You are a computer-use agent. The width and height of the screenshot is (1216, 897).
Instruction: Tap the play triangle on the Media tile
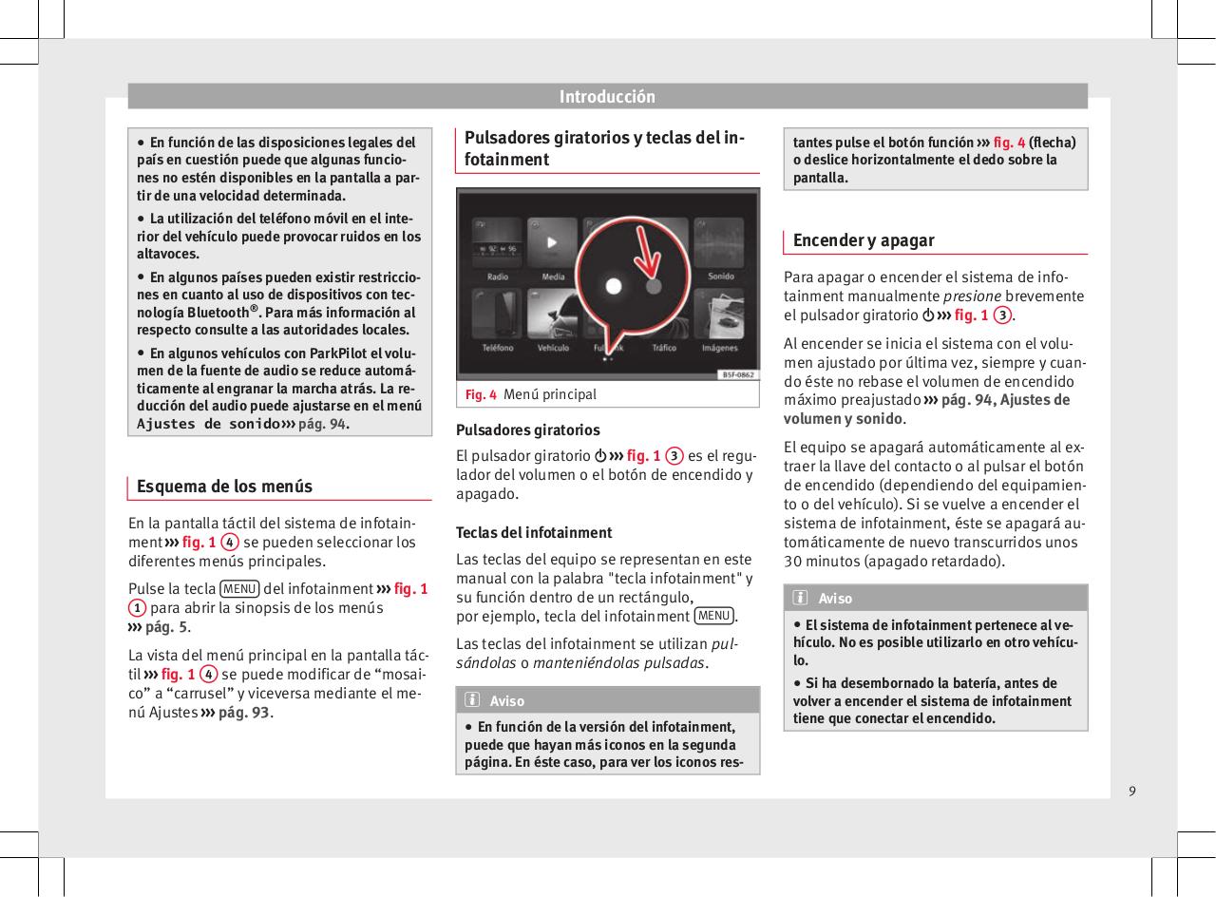(x=552, y=241)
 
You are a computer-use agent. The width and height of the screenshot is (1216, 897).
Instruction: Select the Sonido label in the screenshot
(x=720, y=277)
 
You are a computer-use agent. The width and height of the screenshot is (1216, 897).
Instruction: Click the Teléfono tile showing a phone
(x=497, y=321)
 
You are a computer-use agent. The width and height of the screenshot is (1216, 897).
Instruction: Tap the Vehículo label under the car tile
(x=553, y=349)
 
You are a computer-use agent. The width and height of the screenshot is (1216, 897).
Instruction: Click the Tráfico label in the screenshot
(x=664, y=349)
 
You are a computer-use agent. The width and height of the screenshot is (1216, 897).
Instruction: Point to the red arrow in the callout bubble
(x=645, y=252)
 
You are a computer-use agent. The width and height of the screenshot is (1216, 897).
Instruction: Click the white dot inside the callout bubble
(x=614, y=285)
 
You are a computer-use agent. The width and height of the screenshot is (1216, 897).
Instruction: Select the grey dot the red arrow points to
(x=654, y=284)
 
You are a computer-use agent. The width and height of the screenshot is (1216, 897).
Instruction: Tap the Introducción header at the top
(x=607, y=97)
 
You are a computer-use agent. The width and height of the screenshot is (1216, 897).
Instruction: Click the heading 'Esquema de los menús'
(x=224, y=487)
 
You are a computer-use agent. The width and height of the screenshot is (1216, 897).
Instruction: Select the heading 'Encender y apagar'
(x=864, y=240)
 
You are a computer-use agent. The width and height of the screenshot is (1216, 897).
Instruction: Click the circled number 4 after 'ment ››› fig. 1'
(x=229, y=543)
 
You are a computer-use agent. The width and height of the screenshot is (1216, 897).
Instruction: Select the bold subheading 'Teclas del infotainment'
(x=534, y=532)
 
